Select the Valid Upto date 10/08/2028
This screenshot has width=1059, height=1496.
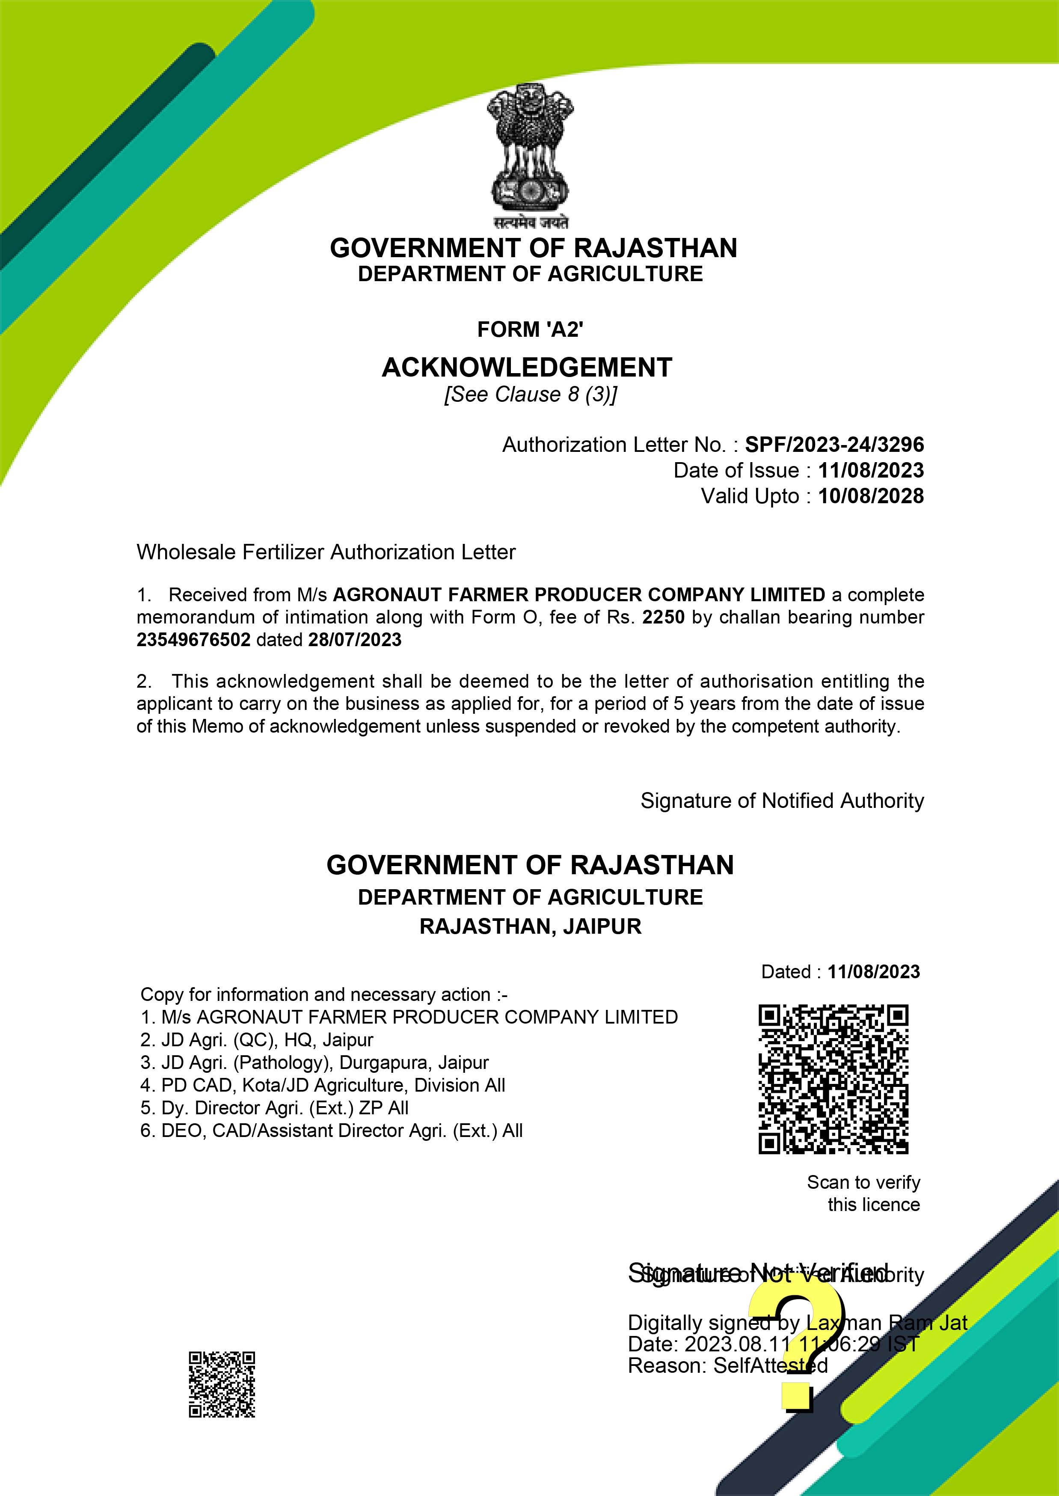tap(871, 496)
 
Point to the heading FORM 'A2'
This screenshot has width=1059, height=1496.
tap(530, 330)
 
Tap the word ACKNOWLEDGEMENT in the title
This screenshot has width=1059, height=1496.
tap(527, 368)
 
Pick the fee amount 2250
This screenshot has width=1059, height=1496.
tap(663, 617)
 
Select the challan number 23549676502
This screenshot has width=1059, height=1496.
tap(193, 640)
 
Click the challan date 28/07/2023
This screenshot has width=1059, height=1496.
tap(355, 640)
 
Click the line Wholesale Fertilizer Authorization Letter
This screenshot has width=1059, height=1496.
tap(326, 552)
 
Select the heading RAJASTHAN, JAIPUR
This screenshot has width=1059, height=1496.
tap(530, 927)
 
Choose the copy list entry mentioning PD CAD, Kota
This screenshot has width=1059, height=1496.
tap(323, 1085)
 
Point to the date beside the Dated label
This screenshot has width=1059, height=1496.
tap(873, 972)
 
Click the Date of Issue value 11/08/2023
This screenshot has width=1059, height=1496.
tap(871, 471)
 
